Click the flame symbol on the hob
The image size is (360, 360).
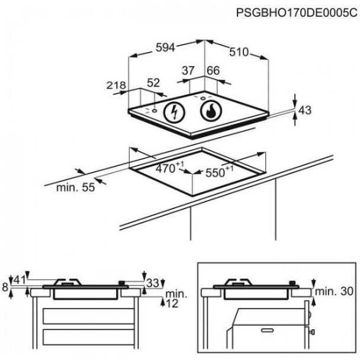point(211,110)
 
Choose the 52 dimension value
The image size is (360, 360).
point(153,83)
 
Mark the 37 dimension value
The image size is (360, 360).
point(188,70)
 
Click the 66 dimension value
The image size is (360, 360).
point(213,70)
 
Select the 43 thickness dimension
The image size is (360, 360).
point(304,110)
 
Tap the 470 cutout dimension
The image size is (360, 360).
point(166,168)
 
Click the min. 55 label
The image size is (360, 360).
point(76,188)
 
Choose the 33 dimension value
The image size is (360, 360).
point(153,284)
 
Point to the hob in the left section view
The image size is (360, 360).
point(86,290)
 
